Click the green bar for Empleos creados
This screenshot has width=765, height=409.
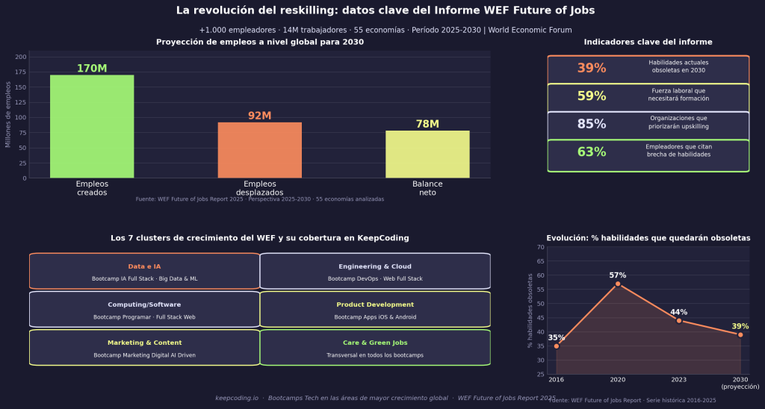[92, 126]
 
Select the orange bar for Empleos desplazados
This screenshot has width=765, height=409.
[259, 150]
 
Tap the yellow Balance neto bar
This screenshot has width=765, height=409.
[427, 154]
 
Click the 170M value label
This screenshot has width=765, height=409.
[92, 69]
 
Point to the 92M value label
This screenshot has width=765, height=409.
[259, 116]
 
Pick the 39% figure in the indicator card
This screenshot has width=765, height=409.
[591, 69]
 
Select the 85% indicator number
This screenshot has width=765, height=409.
[591, 125]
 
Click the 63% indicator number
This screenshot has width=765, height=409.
[591, 152]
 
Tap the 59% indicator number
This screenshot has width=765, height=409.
[591, 96]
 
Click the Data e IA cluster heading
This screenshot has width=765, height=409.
[144, 266]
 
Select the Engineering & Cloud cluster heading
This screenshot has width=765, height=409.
[375, 266]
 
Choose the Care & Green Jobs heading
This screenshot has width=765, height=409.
[375, 343]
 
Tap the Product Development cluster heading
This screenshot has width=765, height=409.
[375, 305]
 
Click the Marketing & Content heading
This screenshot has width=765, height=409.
[144, 343]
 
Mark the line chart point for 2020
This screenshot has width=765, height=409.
[618, 284]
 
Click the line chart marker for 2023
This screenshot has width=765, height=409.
[679, 320]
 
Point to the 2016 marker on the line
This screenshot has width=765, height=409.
[557, 346]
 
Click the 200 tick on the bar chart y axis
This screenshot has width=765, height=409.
[20, 57]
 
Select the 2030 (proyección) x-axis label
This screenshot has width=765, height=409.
[740, 384]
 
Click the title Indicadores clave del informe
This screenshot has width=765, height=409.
[648, 43]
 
